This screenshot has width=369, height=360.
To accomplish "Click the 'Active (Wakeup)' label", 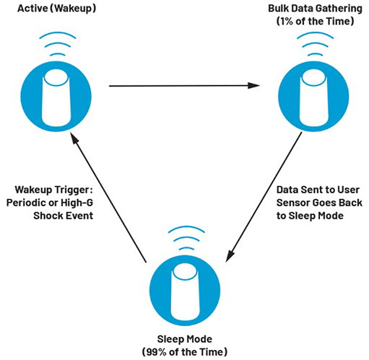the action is point(57,9).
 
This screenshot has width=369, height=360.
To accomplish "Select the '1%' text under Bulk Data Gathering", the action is point(286,21).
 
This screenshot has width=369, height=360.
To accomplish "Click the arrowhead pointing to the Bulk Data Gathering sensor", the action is point(253,86).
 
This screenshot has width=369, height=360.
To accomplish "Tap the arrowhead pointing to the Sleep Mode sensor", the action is point(230,255).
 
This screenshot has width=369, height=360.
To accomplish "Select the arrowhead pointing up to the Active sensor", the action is point(74,139).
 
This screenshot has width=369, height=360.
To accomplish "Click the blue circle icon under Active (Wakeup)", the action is point(56,97).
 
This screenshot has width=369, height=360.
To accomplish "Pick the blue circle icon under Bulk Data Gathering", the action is point(313,97).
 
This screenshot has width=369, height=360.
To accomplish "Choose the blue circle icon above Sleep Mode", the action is point(185,291).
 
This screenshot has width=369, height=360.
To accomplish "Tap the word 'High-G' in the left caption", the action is point(77,203).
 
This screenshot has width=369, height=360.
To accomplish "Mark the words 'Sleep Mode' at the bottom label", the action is point(185,339).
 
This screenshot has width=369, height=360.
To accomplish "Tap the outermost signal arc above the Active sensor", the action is point(58,34).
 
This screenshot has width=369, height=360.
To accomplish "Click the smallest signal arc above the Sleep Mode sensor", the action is point(186,248).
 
